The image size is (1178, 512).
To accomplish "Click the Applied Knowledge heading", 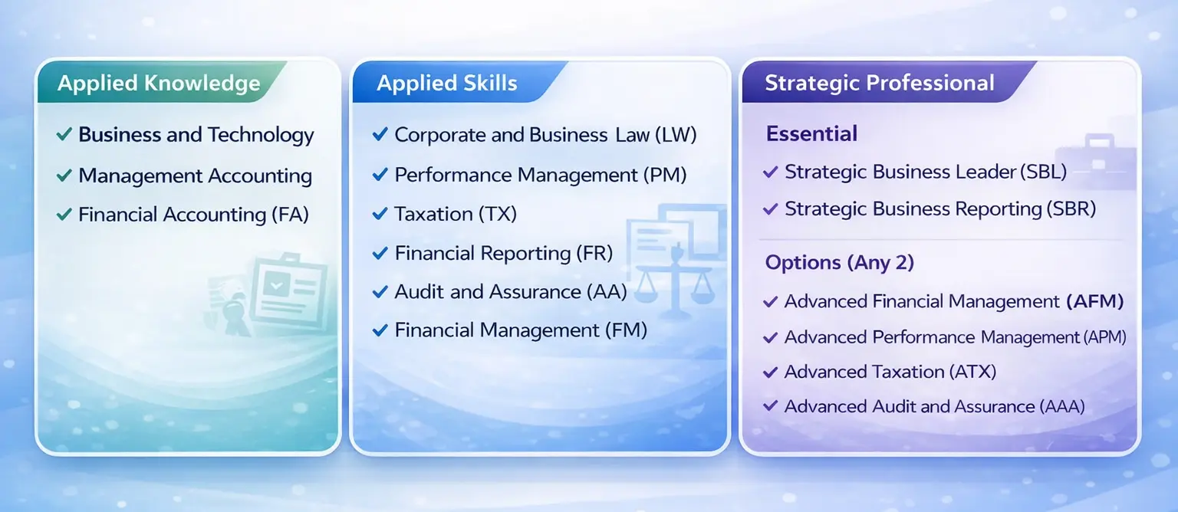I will click(x=159, y=84).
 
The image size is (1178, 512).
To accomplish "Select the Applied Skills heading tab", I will click(x=446, y=84).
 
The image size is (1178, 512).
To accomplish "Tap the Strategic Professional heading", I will click(x=879, y=84).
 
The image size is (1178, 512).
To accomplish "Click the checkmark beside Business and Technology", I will click(x=64, y=136).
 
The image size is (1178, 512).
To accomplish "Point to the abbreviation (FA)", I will click(x=290, y=215).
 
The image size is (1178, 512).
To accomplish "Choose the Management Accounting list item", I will click(x=195, y=176).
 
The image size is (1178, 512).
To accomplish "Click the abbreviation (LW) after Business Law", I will click(x=676, y=136).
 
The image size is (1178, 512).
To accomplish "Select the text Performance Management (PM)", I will click(x=540, y=175).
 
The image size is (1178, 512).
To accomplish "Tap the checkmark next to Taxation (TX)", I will click(x=379, y=215).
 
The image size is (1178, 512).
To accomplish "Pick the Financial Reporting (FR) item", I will click(x=503, y=254).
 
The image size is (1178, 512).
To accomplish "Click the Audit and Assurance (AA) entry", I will click(x=510, y=292).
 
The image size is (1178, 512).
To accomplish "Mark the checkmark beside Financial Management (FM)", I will click(x=379, y=331).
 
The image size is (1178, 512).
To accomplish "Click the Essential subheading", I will click(x=811, y=134).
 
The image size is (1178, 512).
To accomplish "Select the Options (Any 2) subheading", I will click(x=839, y=263).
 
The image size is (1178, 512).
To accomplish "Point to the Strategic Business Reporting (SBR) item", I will click(x=939, y=208).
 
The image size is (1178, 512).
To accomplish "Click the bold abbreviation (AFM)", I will click(x=1094, y=302).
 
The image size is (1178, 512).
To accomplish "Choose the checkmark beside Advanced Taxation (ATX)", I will click(x=771, y=373).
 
